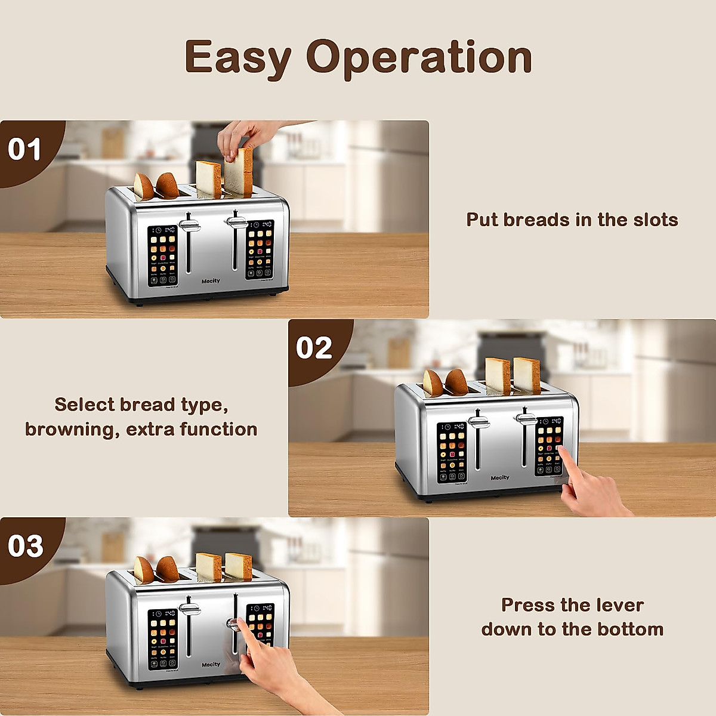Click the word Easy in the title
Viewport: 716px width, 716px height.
click(x=237, y=58)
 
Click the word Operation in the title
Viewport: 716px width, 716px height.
click(x=419, y=58)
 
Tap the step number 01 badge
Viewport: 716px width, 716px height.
click(x=24, y=149)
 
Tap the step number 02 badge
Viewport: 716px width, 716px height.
click(x=314, y=348)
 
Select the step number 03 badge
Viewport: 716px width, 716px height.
click(x=25, y=546)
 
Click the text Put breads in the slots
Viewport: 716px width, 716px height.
click(x=572, y=220)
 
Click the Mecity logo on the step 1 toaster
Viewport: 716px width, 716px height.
click(x=211, y=281)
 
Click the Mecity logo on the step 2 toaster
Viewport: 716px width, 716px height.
click(x=500, y=477)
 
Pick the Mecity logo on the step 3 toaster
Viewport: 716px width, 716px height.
click(x=211, y=665)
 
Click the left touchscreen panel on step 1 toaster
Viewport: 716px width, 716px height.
click(x=163, y=255)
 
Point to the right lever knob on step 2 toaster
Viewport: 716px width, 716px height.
click(x=525, y=419)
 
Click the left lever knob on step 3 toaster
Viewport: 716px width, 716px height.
click(x=189, y=609)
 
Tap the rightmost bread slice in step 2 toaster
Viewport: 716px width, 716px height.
click(x=527, y=375)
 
